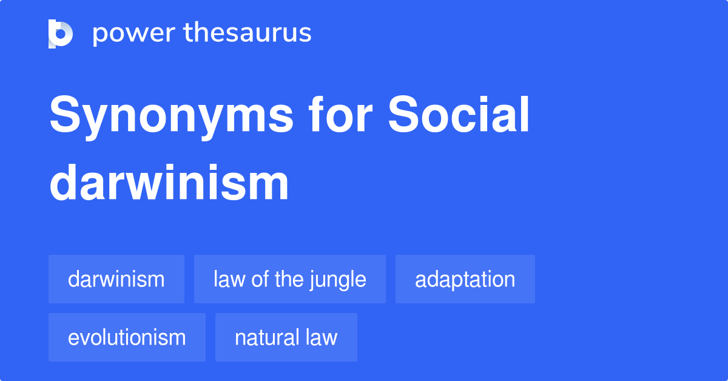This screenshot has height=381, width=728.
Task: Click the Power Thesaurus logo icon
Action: [61, 33]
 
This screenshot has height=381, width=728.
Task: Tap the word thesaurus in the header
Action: [248, 33]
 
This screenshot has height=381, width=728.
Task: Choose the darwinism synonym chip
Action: [116, 279]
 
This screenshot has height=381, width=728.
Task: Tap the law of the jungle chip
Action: [290, 279]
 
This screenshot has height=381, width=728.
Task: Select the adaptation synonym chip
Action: [465, 279]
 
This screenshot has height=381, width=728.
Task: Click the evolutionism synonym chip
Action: [127, 337]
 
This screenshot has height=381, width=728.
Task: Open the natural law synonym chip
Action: [286, 337]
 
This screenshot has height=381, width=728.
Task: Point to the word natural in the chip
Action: [266, 337]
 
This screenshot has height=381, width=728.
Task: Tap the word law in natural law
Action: [322, 337]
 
